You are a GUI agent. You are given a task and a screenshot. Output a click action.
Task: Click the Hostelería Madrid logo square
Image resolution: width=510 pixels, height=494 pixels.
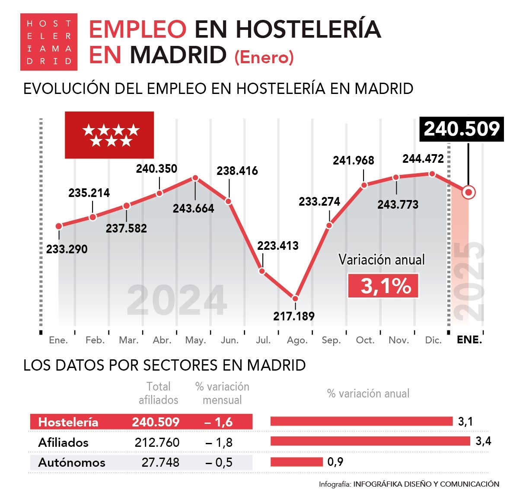point(49,42)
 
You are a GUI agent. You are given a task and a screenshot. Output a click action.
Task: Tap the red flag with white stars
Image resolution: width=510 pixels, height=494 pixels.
point(109,135)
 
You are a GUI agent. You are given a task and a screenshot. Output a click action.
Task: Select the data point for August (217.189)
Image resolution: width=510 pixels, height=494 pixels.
point(295,298)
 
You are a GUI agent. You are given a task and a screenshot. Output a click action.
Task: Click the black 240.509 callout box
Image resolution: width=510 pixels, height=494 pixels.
point(462,129)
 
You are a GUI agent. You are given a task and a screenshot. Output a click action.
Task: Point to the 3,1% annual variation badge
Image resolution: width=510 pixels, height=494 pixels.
point(383,286)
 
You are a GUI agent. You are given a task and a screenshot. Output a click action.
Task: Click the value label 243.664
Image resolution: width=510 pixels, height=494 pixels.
point(193,209)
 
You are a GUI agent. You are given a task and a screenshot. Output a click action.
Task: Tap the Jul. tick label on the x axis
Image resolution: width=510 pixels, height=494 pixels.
point(263,340)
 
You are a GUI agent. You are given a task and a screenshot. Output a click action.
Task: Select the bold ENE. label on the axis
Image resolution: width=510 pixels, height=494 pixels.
point(469,340)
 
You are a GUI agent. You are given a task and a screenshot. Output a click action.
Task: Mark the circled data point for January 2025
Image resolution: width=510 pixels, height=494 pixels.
point(468,192)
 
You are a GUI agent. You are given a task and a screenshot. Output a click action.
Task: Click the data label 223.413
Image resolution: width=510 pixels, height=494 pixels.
point(278,246)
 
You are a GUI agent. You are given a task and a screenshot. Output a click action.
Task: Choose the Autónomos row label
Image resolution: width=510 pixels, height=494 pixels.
point(72,462)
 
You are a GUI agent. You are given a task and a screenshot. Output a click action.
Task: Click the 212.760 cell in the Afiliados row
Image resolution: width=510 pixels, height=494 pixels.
point(157,442)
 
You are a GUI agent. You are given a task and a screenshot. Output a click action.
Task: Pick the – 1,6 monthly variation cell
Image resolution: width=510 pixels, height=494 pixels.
point(219,422)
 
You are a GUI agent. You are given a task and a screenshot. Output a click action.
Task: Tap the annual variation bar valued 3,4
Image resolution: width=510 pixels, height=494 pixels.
point(370,441)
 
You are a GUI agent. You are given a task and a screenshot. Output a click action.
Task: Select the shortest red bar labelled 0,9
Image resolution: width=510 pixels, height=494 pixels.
point(296,462)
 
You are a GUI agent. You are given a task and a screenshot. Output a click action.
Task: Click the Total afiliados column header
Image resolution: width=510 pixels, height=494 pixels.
point(158,393)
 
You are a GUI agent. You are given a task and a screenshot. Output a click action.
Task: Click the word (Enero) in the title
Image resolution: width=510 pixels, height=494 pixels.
point(264,57)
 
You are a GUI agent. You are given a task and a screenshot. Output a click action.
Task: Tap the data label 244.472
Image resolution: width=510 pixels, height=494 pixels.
point(423,159)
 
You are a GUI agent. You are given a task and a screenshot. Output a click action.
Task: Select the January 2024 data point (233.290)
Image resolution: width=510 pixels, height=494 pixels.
point(59,226)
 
